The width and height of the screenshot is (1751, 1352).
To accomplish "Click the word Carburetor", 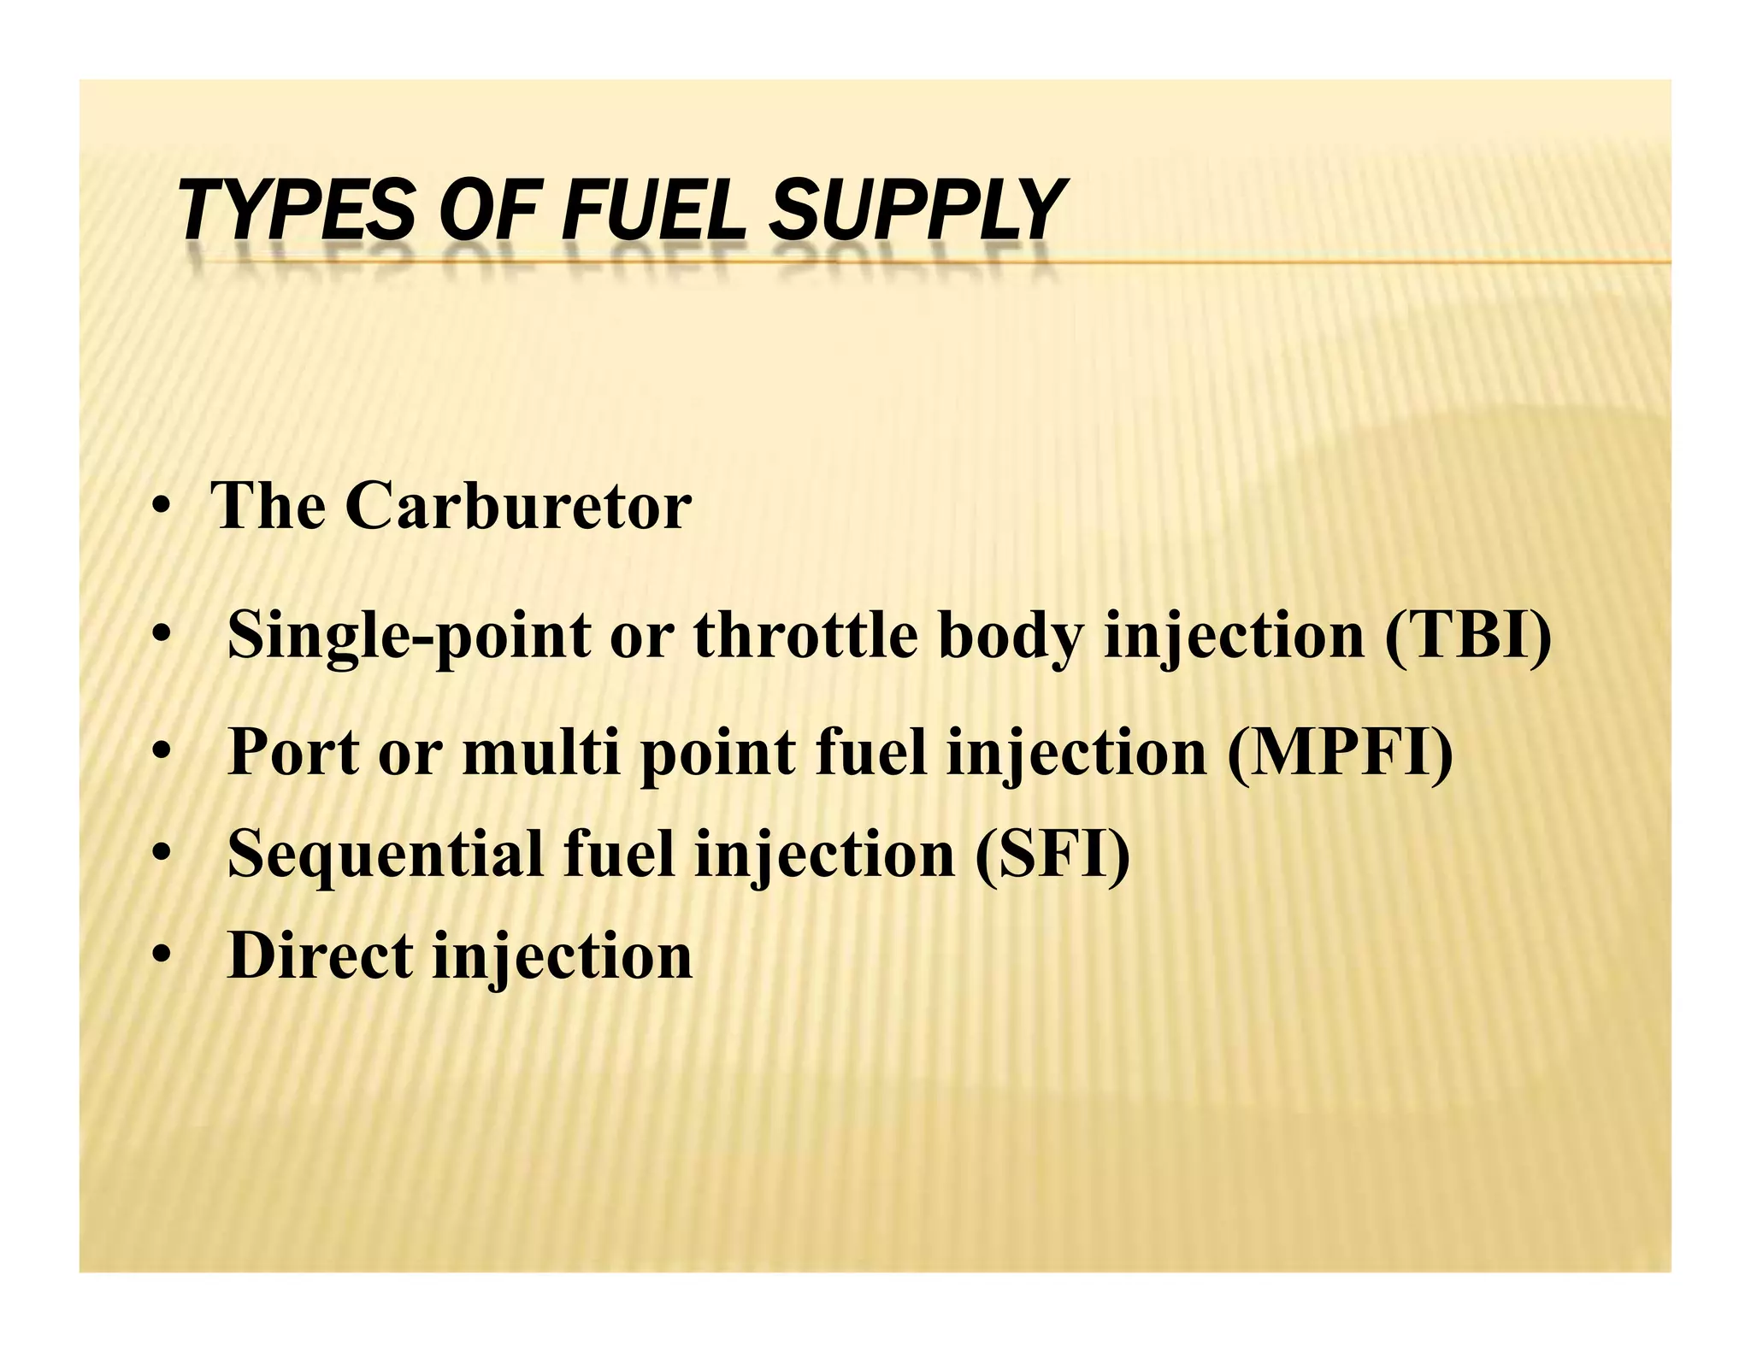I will tap(518, 506).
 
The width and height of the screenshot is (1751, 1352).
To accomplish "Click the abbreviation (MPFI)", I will tap(1340, 752).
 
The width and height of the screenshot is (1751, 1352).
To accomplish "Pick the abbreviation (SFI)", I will tap(1052, 854).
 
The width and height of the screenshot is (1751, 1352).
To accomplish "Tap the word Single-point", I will tap(410, 637).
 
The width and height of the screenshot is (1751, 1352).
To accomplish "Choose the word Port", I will tap(293, 752).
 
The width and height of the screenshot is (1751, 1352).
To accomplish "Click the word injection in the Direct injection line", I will tap(563, 956).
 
